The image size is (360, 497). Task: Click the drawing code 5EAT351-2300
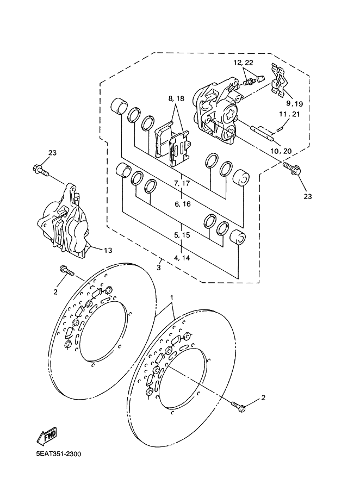pos(59,454)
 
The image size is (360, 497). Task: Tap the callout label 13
pos(108,250)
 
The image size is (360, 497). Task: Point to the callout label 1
pos(172,298)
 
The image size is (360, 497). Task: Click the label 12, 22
pos(244,63)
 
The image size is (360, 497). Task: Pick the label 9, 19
pos(294,104)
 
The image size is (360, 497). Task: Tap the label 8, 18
pos(176,98)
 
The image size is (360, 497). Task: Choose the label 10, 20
pos(281,151)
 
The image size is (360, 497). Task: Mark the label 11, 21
pos(289,114)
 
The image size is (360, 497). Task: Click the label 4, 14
pos(182,258)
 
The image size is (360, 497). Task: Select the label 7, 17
pos(182,183)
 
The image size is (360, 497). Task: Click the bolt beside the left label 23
pos(40,170)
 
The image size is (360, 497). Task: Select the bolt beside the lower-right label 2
pos(238,407)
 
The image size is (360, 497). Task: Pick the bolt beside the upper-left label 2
pos(67,270)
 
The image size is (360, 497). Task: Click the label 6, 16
pos(183,204)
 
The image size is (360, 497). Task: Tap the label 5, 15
pos(182,235)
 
